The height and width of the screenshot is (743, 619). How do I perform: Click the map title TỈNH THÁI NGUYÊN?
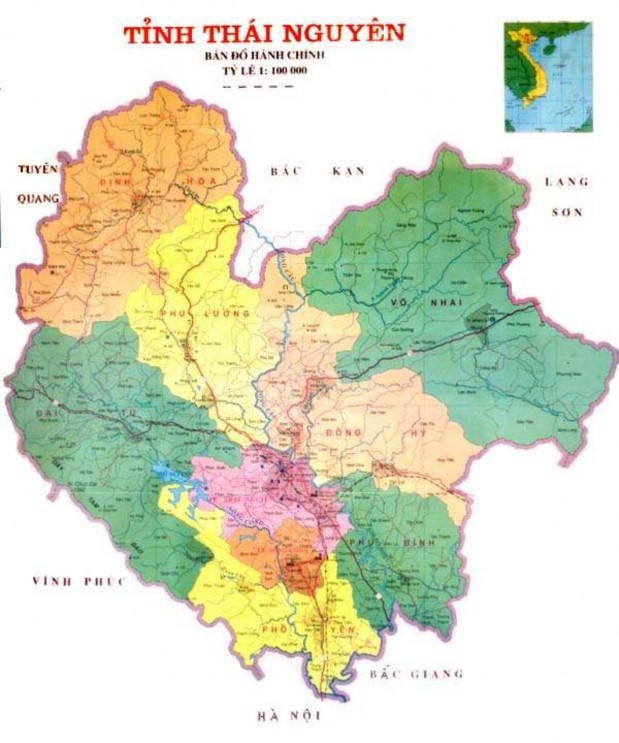[x=264, y=32]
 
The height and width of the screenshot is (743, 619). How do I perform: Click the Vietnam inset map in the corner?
[x=548, y=77]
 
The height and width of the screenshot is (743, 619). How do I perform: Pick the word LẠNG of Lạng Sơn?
[x=566, y=182]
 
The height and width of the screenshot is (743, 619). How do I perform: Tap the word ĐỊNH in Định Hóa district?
[x=117, y=181]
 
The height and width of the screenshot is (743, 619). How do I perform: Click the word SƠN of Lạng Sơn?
[x=569, y=213]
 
